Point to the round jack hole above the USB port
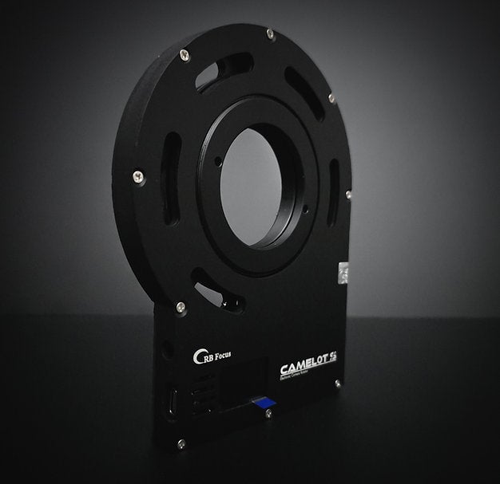pos(167,348)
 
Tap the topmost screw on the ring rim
pos(271,33)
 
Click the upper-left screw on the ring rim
pos(185,54)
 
